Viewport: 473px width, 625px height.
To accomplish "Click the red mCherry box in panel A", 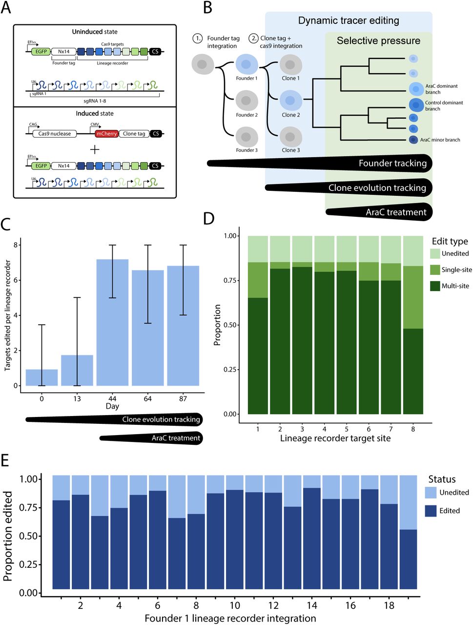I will [106, 134].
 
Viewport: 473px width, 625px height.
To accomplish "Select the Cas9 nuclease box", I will [55, 134].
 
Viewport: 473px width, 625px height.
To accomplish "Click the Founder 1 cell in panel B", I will [247, 64].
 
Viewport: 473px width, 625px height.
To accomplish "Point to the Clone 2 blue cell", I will [290, 101].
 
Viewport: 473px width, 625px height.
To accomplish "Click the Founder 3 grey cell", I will [247, 137].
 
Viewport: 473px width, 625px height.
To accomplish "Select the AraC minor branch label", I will [440, 140].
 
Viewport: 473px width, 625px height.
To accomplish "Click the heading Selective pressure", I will [378, 41].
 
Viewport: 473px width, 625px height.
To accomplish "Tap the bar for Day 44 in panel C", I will [112, 322].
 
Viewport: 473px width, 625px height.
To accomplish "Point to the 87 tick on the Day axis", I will [183, 399].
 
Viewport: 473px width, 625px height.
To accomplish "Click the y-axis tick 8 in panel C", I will [16, 245].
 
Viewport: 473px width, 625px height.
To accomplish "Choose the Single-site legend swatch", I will [435, 270].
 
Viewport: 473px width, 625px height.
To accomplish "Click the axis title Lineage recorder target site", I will [335, 438].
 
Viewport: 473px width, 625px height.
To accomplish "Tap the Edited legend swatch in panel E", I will [431, 511].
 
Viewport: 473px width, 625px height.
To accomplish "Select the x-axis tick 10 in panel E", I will [235, 605].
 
